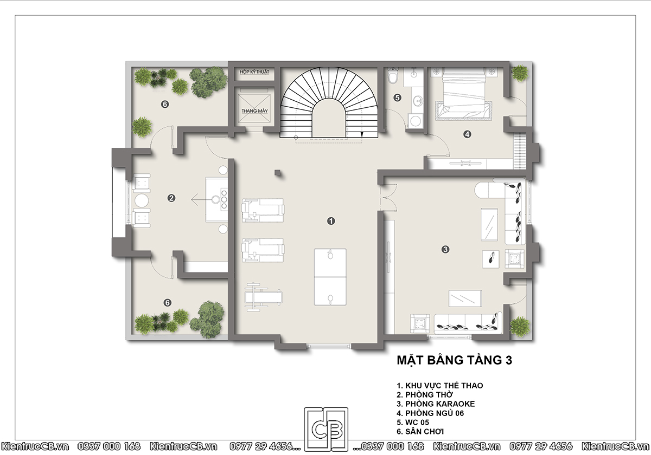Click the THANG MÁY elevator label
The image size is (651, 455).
(254, 111)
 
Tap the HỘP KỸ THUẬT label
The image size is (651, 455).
(254, 71)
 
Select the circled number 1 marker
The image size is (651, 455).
(331, 221)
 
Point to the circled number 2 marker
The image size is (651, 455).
(171, 198)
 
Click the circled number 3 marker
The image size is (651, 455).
(445, 249)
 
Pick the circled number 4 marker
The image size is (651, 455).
(467, 134)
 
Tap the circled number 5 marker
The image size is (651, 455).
(397, 98)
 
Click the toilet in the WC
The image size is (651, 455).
(392, 76)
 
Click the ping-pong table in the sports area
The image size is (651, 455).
(330, 277)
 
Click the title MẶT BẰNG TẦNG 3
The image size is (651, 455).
(454, 360)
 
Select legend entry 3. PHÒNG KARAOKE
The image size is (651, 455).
(436, 404)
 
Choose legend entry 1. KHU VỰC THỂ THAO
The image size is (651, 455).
(440, 386)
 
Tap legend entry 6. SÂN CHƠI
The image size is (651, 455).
(420, 432)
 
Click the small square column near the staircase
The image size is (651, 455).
(278, 173)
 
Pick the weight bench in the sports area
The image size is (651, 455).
(263, 297)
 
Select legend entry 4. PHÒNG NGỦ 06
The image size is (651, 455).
(430, 413)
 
